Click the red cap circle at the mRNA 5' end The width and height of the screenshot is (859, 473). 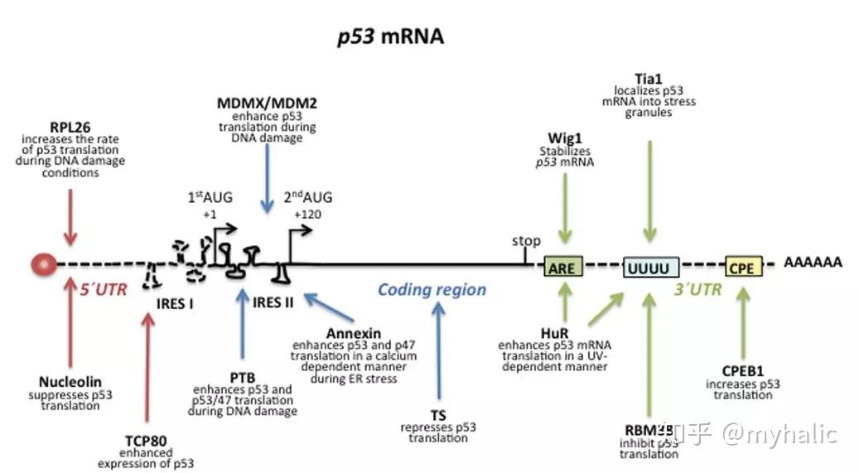tap(43, 265)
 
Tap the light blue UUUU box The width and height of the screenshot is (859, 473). tap(651, 267)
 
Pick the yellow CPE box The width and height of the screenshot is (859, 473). tap(742, 267)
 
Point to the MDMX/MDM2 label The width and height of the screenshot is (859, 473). tap(267, 104)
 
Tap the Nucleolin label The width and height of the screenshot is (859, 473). tap(70, 382)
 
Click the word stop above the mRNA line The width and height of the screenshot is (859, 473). tap(526, 241)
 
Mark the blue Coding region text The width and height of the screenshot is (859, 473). tap(432, 290)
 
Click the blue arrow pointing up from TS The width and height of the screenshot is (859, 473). tap(438, 356)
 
